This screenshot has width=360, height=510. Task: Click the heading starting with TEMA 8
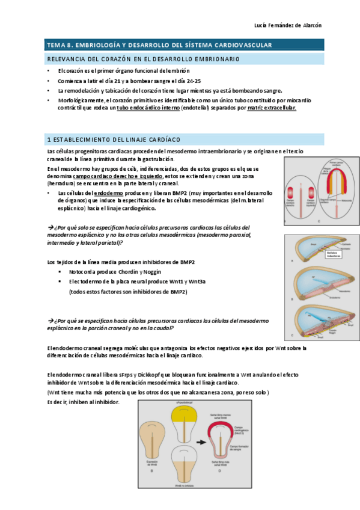tap(160, 45)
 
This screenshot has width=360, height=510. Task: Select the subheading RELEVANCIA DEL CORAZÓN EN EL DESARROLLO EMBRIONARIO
tap(143, 59)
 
